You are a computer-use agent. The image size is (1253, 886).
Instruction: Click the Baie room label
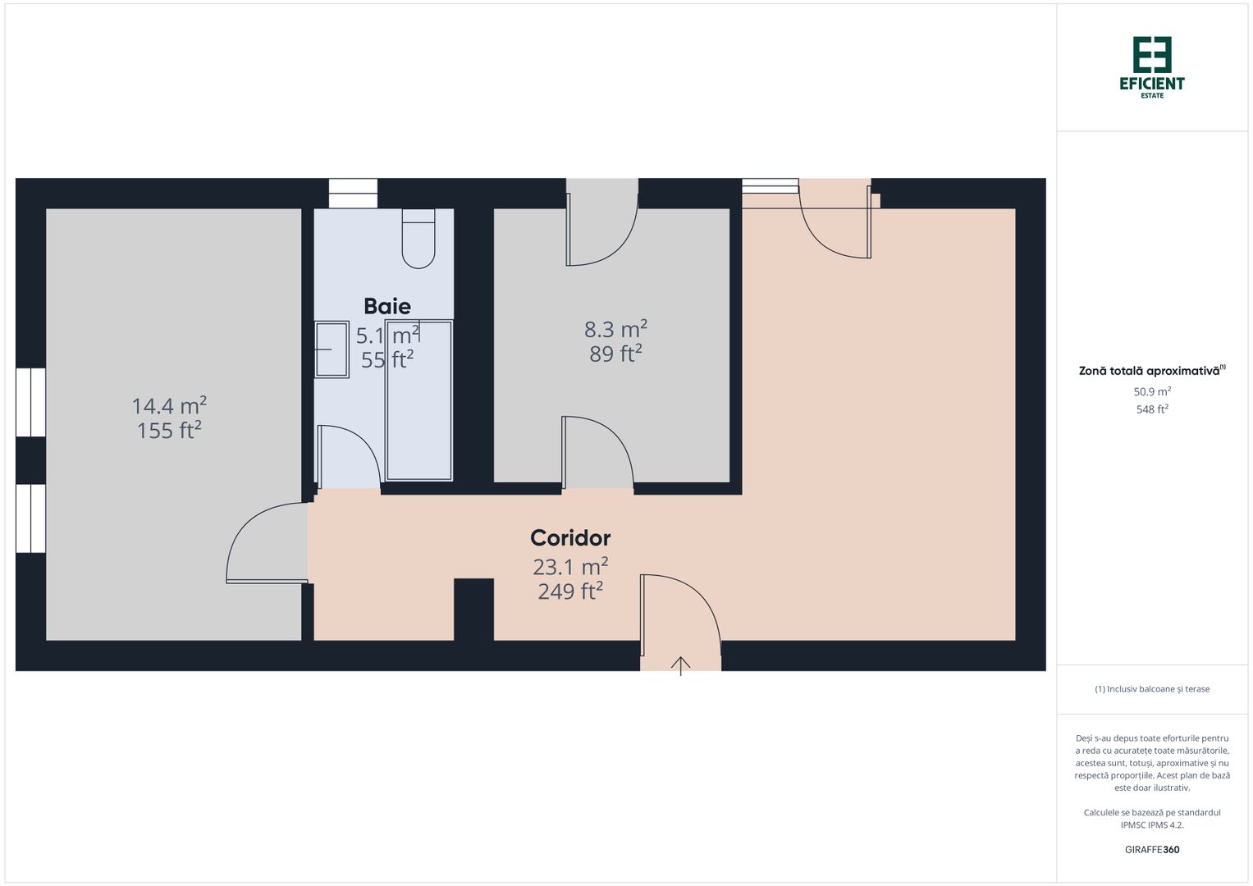[x=387, y=306]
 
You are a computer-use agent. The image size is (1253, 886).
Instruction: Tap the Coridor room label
[x=570, y=538]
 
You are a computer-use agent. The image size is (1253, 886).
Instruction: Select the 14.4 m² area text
[x=169, y=405]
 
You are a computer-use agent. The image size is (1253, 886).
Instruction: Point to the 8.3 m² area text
[x=615, y=329]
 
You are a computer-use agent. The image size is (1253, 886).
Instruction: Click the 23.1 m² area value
[x=570, y=567]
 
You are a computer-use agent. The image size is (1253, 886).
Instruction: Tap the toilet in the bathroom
[x=418, y=239]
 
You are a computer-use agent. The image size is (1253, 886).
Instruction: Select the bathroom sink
[x=332, y=349]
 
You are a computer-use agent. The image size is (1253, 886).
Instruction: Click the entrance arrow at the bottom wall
[x=681, y=665]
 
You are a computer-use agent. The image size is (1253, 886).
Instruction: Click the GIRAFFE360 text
[x=1152, y=850]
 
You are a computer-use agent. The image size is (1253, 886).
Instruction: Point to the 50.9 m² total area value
[x=1152, y=392]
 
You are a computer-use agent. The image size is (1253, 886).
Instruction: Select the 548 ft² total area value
[x=1152, y=409]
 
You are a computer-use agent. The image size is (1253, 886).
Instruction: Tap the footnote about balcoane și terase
[x=1152, y=689]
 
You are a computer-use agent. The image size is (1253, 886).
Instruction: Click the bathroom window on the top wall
[x=353, y=194]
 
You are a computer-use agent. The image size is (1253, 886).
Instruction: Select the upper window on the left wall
[x=30, y=402]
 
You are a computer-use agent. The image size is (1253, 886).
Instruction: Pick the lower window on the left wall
[x=30, y=518]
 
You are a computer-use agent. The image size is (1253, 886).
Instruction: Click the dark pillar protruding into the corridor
[x=473, y=609]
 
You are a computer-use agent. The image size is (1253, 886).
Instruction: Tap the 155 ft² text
[x=169, y=431]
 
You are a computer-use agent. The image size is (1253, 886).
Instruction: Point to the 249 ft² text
[x=570, y=591]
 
